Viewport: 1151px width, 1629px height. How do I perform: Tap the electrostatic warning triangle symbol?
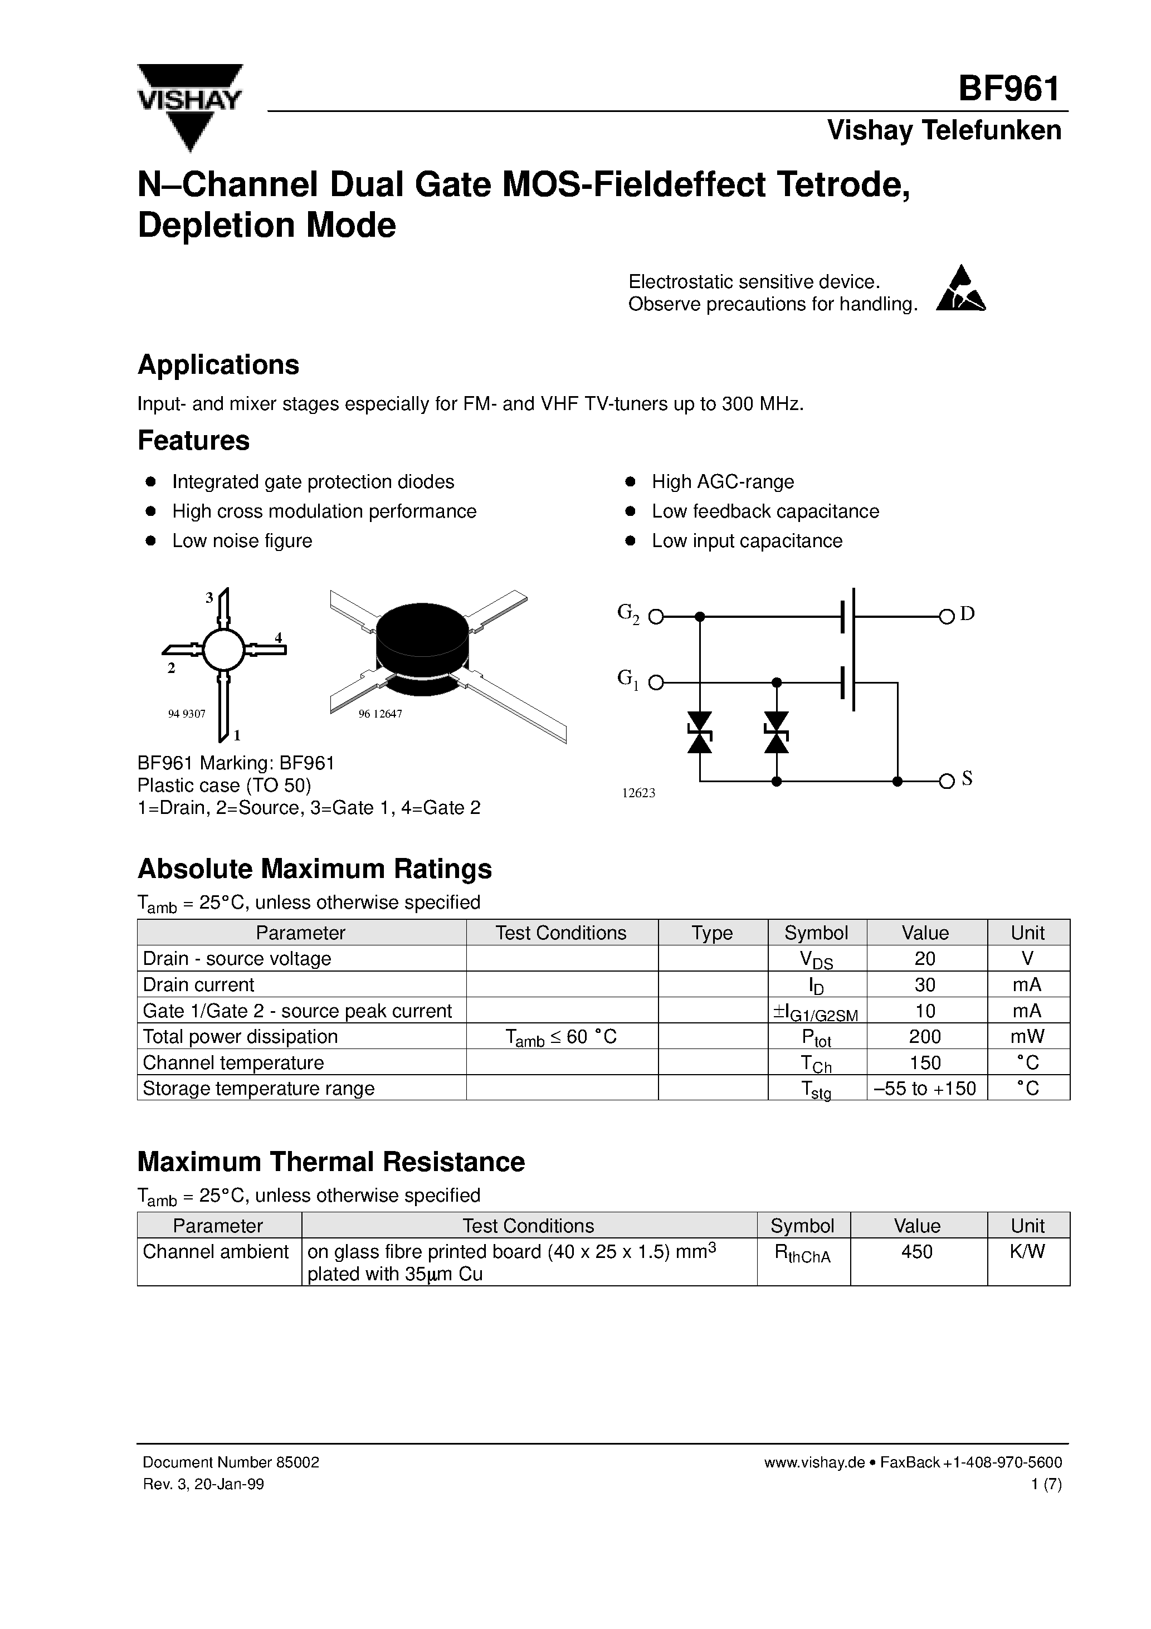(961, 290)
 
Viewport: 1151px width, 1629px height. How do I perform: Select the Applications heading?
(218, 365)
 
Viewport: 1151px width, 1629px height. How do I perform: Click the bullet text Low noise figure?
(242, 540)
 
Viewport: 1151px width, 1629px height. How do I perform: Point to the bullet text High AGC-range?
(723, 482)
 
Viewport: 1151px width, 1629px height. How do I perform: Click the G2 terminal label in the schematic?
(628, 613)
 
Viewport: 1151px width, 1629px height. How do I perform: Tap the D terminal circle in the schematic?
(946, 617)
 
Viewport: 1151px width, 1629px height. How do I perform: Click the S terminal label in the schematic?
(967, 779)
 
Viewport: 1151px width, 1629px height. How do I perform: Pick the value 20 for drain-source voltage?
(925, 959)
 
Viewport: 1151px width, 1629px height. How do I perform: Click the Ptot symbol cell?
(816, 1037)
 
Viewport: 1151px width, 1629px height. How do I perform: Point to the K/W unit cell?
(1027, 1251)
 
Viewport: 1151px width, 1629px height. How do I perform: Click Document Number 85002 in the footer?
(231, 1462)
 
